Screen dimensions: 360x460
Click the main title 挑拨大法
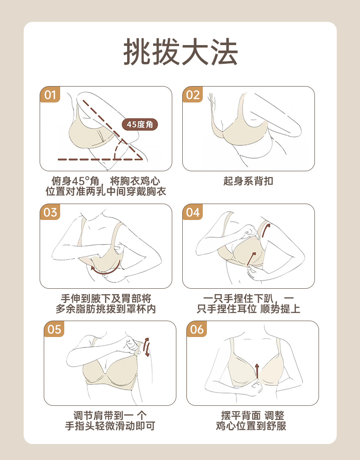tap(180, 52)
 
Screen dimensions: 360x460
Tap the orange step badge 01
tap(50, 94)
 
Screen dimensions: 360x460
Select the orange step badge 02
tap(193, 94)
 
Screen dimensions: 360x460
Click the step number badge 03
tap(50, 212)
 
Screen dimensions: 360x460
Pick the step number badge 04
tap(193, 212)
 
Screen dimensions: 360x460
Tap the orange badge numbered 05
tap(54, 329)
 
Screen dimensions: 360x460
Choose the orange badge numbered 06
tap(197, 329)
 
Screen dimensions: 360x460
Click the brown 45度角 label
tap(140, 124)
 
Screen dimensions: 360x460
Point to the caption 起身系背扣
tap(248, 181)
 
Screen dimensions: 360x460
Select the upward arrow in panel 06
tap(257, 371)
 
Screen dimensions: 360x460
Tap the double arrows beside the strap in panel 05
tap(146, 347)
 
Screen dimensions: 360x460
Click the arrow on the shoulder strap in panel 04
tap(266, 230)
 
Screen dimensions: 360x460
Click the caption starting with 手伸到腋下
tap(106, 304)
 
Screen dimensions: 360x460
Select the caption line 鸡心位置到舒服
tap(251, 426)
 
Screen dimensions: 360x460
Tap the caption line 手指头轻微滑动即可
tap(110, 426)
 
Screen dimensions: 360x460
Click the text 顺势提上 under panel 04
tap(280, 309)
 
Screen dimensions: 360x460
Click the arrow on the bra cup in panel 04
tap(252, 258)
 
